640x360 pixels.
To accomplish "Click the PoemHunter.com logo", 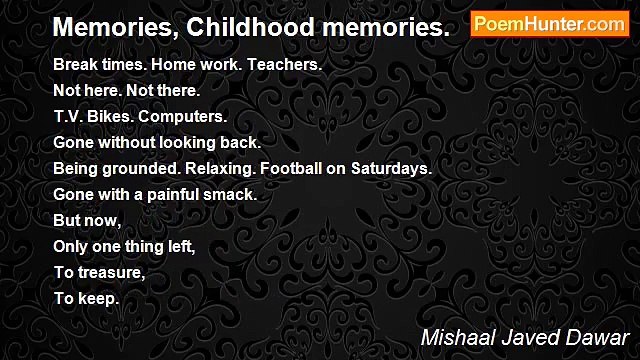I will (549, 24).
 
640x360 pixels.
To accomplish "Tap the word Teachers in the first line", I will (283, 64).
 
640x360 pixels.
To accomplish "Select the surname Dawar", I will (598, 336).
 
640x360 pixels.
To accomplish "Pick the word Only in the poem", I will (71, 246).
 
